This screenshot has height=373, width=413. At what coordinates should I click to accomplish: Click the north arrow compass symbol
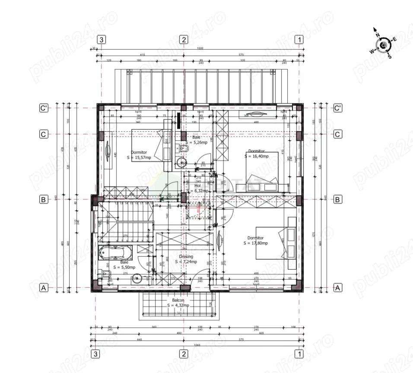(x=383, y=44)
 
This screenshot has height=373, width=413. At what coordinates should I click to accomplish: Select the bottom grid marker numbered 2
(x=184, y=354)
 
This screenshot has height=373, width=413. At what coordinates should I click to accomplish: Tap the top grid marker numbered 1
(x=299, y=40)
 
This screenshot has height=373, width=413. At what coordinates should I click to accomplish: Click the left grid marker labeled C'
(x=43, y=108)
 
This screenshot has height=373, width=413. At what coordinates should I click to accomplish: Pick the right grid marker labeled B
(x=338, y=199)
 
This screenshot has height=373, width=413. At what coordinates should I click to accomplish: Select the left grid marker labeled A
(x=43, y=287)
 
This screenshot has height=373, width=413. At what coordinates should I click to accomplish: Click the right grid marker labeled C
(x=338, y=134)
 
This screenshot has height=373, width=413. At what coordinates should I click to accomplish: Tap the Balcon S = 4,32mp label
(x=178, y=303)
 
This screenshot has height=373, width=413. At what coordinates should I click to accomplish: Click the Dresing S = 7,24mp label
(x=186, y=259)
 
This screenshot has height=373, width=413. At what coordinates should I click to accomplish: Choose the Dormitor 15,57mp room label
(x=141, y=155)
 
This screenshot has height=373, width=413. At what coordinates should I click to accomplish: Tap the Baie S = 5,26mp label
(x=197, y=139)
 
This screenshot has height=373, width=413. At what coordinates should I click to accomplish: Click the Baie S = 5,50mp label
(x=124, y=265)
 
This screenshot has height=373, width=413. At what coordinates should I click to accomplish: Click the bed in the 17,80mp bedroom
(x=271, y=243)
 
